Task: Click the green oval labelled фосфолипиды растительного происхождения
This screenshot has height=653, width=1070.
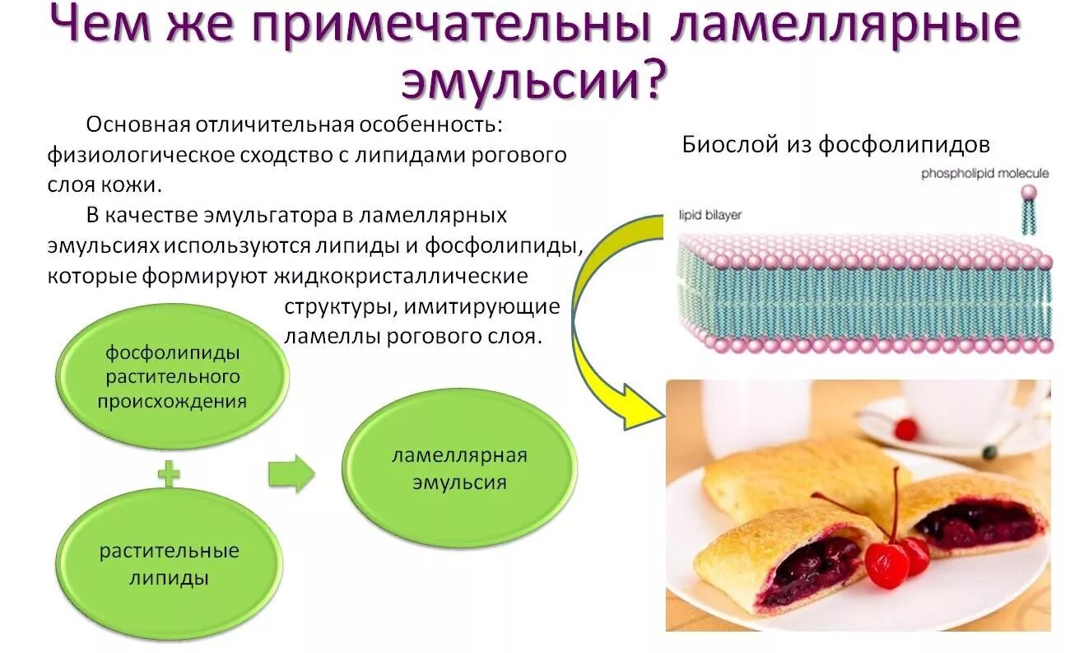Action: [x=172, y=377]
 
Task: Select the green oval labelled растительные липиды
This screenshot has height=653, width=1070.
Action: [x=169, y=563]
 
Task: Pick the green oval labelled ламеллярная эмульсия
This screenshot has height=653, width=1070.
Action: [x=458, y=469]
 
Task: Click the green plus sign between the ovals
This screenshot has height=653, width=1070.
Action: [x=169, y=475]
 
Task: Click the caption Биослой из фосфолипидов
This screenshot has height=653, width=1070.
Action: [x=835, y=145]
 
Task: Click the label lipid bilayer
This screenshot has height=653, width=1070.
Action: [x=709, y=215]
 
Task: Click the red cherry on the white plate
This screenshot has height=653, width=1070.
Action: [x=887, y=564]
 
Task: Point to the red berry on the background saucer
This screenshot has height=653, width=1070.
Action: [x=905, y=429]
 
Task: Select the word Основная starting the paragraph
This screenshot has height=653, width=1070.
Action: [x=136, y=125]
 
